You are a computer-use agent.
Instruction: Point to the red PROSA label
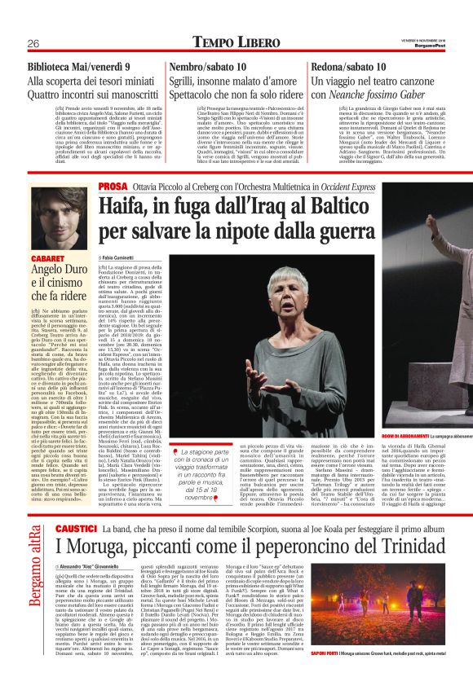click(112, 187)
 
